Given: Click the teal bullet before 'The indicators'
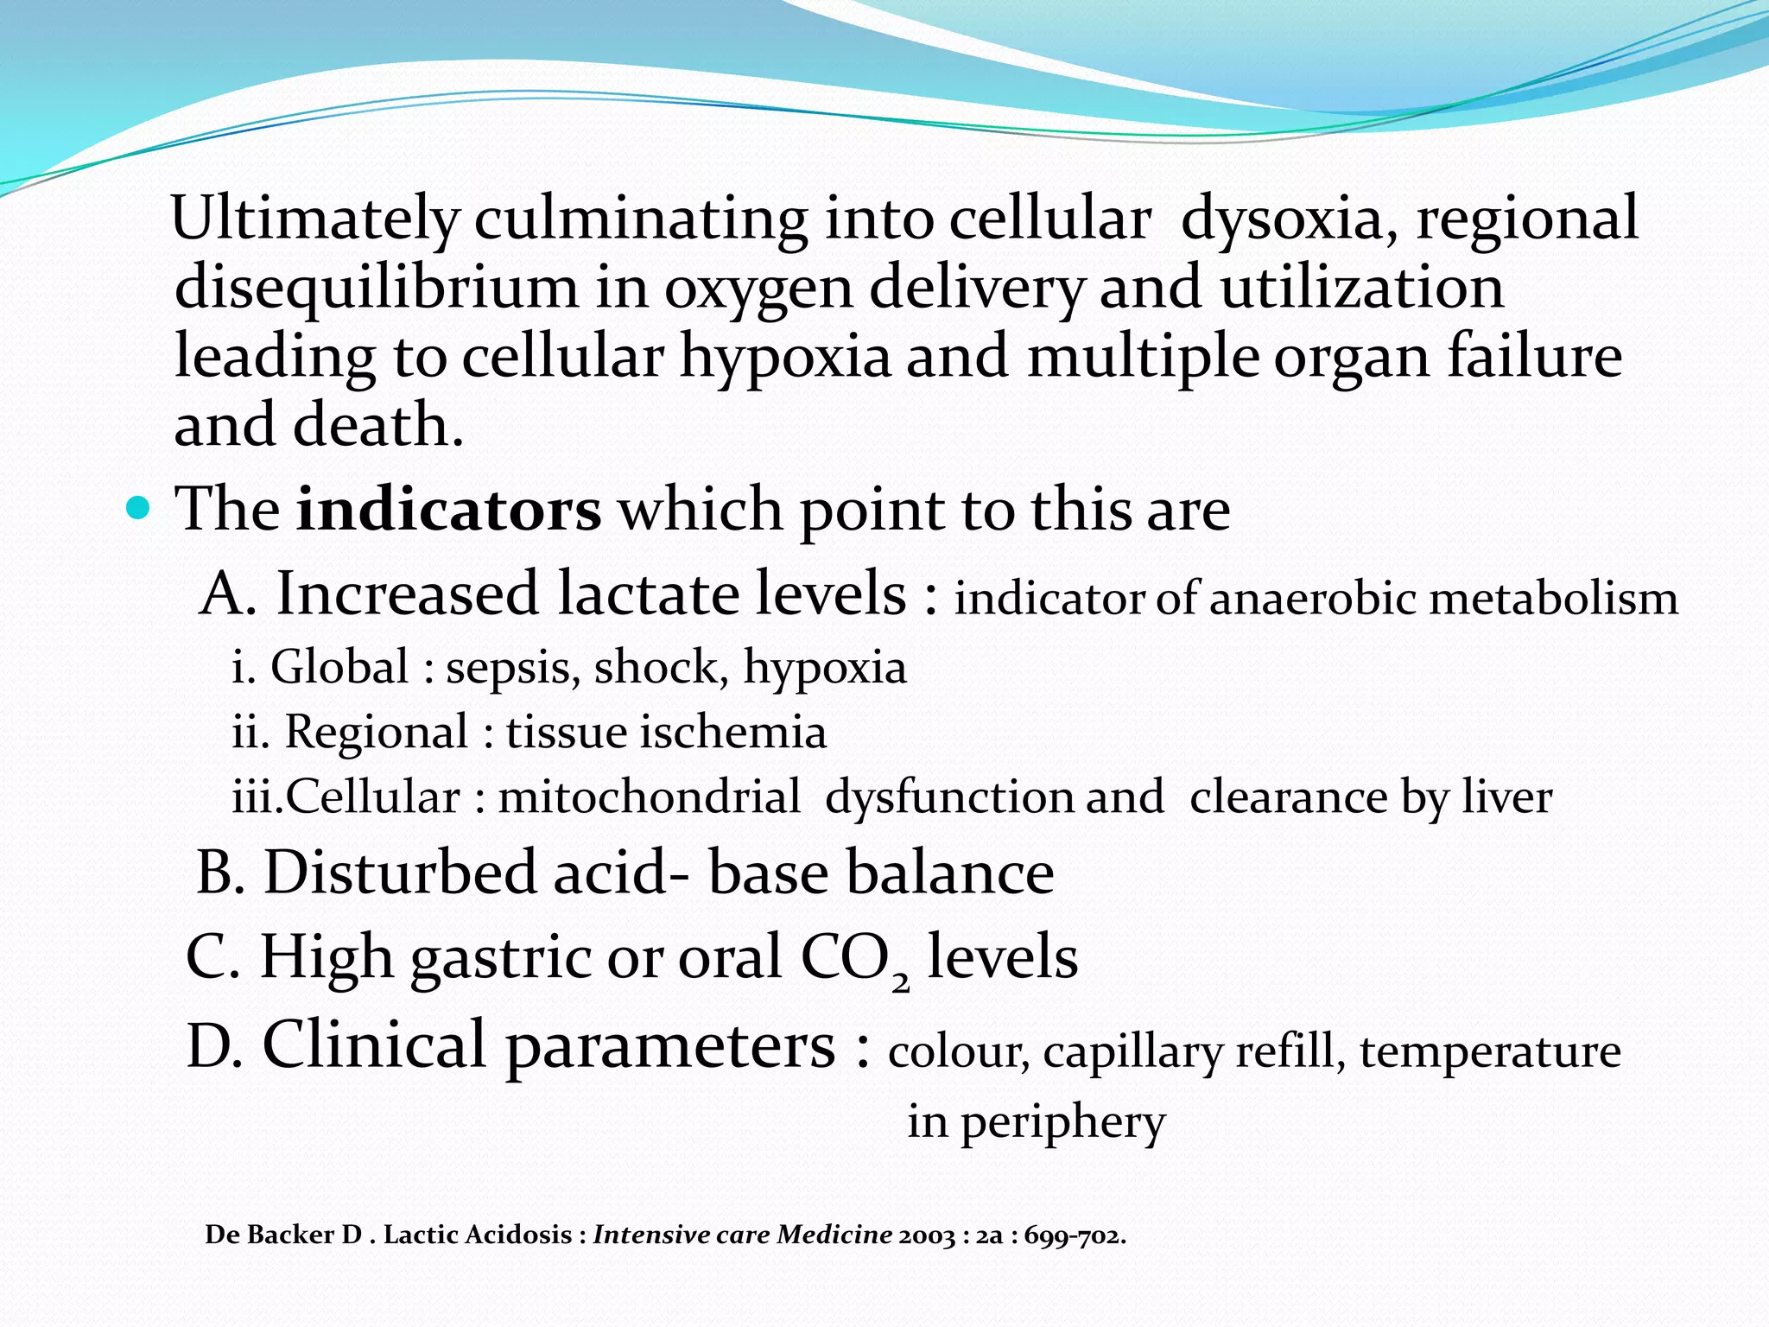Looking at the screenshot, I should click(138, 507).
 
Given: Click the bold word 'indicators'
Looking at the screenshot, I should click(448, 509).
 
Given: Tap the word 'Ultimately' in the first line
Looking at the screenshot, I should click(314, 219).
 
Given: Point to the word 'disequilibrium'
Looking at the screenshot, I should click(376, 288).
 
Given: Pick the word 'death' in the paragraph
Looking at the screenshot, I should click(370, 425).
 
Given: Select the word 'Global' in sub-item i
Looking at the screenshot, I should click(339, 667).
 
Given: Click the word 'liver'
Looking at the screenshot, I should click(1506, 797).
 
